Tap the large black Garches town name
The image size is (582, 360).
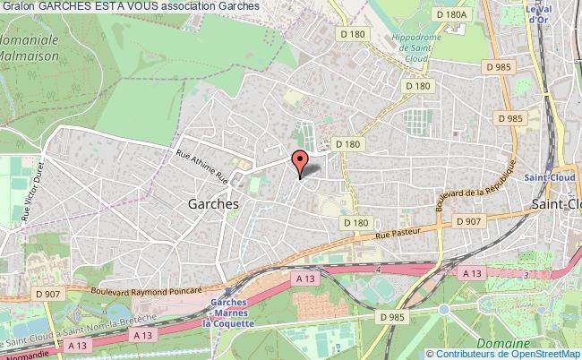pos(213,203)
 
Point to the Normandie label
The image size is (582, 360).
pos(22,354)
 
